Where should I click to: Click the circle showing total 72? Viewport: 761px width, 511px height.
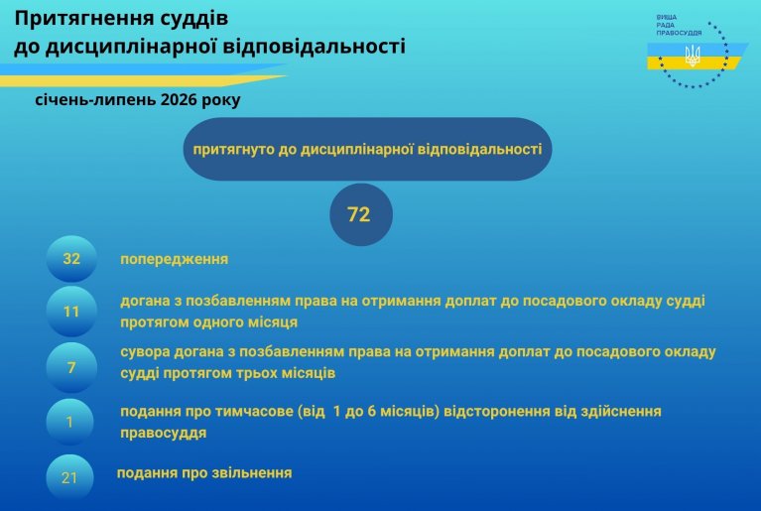tap(360, 214)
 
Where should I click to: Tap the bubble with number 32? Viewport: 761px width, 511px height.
tap(71, 259)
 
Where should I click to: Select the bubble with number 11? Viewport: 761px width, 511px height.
tap(71, 311)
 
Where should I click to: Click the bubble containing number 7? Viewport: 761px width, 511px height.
tap(71, 367)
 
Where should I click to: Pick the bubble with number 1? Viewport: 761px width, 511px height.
tap(69, 422)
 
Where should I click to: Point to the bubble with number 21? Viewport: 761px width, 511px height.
tap(69, 477)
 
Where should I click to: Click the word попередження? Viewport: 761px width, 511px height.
tap(175, 259)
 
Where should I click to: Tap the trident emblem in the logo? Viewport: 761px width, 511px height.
tap(693, 56)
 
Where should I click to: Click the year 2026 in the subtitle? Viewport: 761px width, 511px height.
tap(179, 100)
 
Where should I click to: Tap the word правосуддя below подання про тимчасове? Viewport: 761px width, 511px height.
tap(163, 433)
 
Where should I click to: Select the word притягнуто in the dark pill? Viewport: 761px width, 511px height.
tap(234, 150)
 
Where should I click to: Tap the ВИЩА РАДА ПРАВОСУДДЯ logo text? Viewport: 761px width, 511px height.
tap(679, 25)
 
